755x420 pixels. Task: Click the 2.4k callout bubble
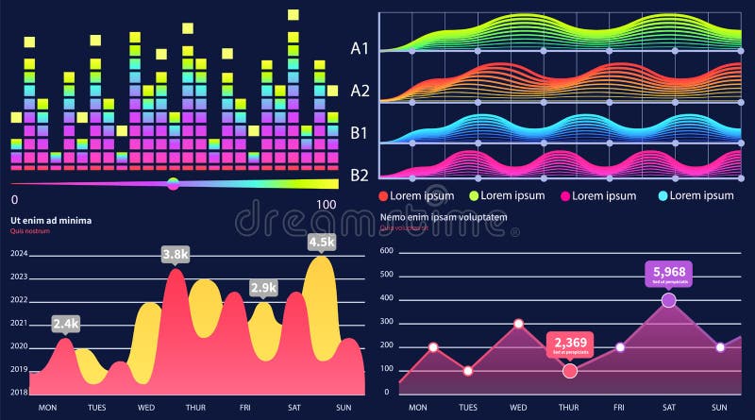[x=65, y=324]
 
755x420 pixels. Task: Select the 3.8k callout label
[x=176, y=255]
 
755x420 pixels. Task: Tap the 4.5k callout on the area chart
[x=322, y=242]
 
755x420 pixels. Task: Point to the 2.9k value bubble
[x=263, y=288]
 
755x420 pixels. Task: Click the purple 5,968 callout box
[x=669, y=274]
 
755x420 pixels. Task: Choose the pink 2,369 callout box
[x=571, y=344]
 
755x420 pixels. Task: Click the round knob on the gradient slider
[x=173, y=183]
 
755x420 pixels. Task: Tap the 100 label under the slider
[x=327, y=203]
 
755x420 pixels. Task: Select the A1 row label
[x=360, y=47]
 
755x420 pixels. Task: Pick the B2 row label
[x=360, y=175]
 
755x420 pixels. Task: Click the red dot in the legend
[x=383, y=195]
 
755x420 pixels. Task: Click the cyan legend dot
[x=662, y=195]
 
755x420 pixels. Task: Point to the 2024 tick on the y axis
[x=19, y=254]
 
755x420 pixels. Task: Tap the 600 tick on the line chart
[x=385, y=276]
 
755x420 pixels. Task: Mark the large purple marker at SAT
[x=669, y=300]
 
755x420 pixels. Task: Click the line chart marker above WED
[x=519, y=324]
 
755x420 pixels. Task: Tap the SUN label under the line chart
[x=719, y=407]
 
